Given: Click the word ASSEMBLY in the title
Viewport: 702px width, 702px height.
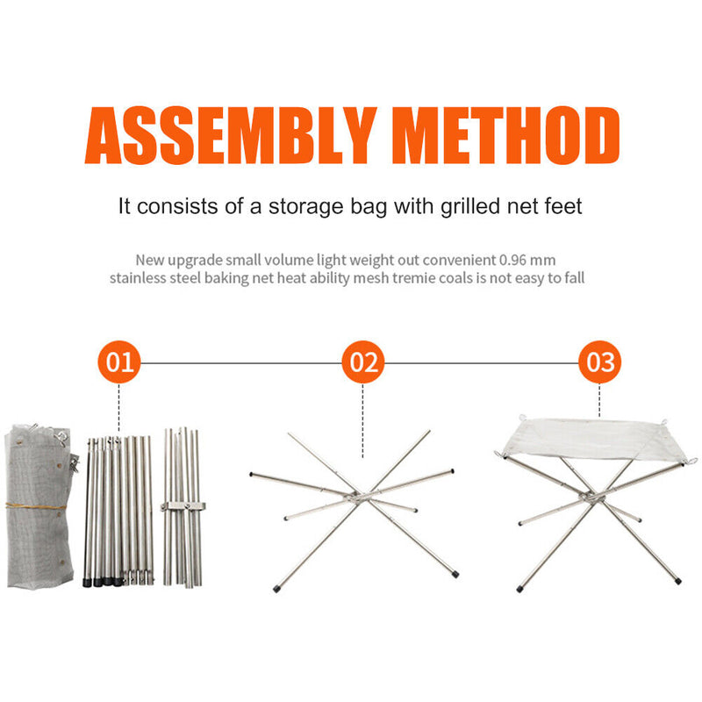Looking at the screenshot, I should pos(228,136).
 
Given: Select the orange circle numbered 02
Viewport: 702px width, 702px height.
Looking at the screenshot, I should pos(363,362).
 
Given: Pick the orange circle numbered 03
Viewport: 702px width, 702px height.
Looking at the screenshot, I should pos(600,362).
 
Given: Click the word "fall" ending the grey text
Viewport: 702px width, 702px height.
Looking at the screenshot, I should pos(573,278).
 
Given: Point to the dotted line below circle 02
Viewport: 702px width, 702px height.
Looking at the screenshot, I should pos(363,421).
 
